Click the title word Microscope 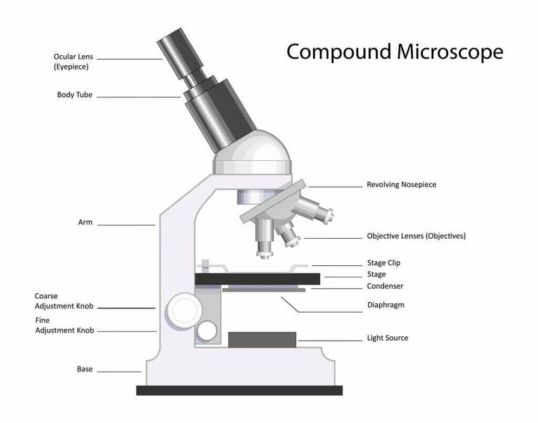[450, 52]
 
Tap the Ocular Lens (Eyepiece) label [73, 61]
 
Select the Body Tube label [75, 95]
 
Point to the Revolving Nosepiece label [401, 185]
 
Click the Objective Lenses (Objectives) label [416, 236]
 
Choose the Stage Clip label [384, 263]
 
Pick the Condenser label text [385, 286]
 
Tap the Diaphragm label [385, 305]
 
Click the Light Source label [388, 338]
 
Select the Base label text [84, 369]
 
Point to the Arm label [85, 222]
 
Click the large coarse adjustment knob [184, 310]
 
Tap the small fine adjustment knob [206, 331]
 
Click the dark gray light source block [262, 339]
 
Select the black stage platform [258, 279]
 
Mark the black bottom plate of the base [239, 390]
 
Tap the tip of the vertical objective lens [265, 256]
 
